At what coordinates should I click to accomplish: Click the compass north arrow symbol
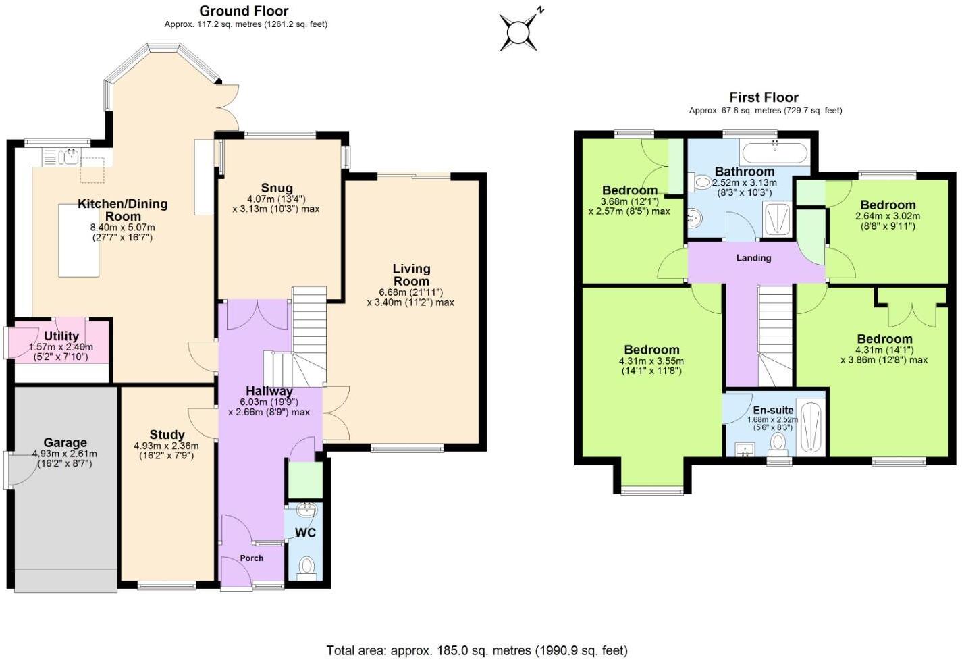click(520, 30)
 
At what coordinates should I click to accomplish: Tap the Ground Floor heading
click(244, 11)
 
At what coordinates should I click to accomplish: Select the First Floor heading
click(764, 97)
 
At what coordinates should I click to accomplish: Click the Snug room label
click(277, 188)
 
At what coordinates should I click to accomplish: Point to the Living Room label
click(411, 275)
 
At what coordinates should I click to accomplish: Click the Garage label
click(65, 443)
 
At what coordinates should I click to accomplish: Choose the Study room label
click(167, 435)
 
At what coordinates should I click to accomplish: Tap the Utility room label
click(61, 336)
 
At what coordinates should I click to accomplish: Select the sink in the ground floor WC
click(306, 510)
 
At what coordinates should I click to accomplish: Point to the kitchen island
click(79, 240)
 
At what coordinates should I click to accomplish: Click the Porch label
click(252, 558)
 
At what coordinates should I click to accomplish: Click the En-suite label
click(773, 410)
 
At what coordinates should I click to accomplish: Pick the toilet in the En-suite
click(778, 443)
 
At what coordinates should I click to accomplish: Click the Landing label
click(753, 257)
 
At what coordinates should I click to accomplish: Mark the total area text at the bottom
click(477, 650)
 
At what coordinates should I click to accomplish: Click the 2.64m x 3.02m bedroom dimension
click(888, 216)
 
